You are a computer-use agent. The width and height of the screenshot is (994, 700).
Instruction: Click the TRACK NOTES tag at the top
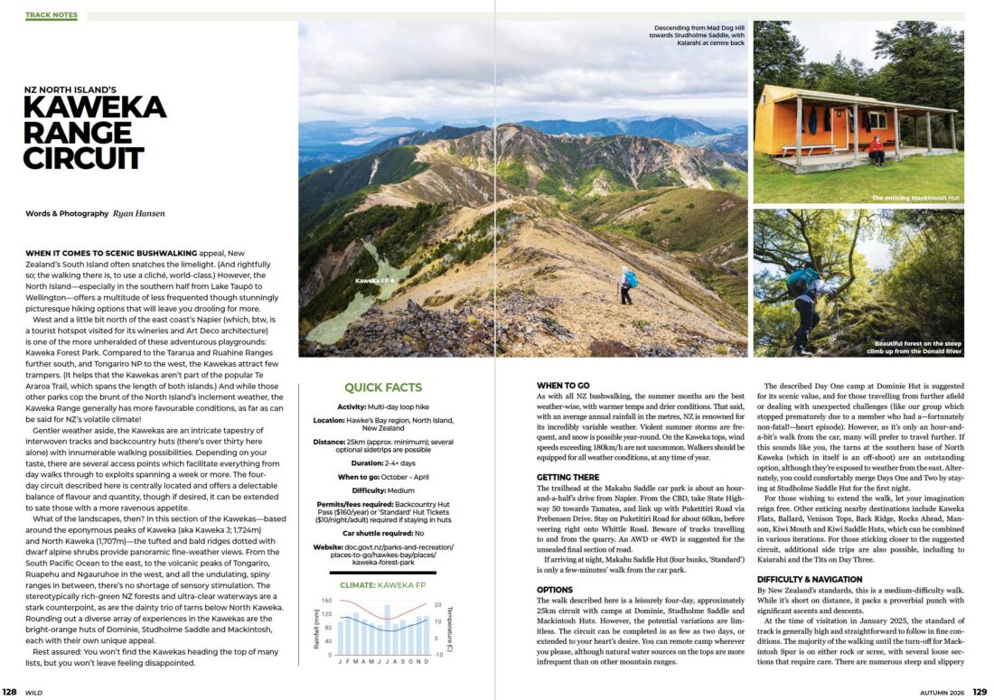pos(52,15)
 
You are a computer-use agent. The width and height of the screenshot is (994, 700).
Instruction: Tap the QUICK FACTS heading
pos(383,387)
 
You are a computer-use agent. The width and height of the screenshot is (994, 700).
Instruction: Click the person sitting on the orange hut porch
pos(876,150)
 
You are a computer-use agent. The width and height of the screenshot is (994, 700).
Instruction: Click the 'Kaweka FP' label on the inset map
pos(374,281)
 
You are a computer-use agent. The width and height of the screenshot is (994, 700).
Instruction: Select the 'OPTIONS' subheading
pos(555,589)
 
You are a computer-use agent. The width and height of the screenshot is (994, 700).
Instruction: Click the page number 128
pos(9,693)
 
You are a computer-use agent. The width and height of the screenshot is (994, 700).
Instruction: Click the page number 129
pos(980,693)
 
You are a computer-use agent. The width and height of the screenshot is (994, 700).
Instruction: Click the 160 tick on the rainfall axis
pos(327,601)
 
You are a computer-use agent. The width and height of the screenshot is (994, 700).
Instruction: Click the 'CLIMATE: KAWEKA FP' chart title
pos(383,584)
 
